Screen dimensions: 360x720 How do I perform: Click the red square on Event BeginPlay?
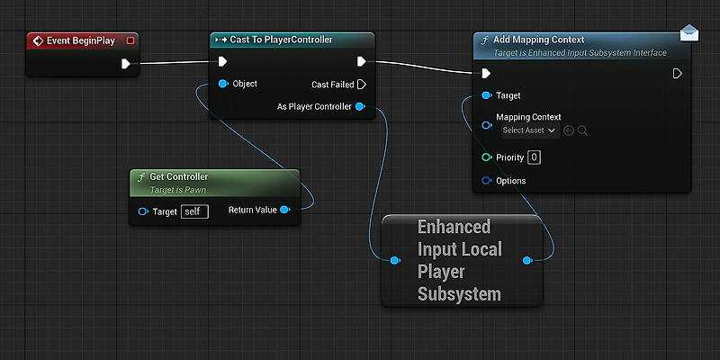pyautogui.click(x=130, y=40)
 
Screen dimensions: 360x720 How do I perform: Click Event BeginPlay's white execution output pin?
pyautogui.click(x=126, y=63)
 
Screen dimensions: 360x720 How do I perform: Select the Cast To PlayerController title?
pyautogui.click(x=280, y=40)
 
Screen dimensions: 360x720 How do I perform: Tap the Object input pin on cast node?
pyautogui.click(x=223, y=84)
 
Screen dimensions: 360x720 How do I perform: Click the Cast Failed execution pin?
pyautogui.click(x=361, y=85)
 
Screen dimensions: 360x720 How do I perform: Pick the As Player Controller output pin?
pyautogui.click(x=360, y=107)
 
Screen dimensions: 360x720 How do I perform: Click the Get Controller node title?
pyautogui.click(x=179, y=177)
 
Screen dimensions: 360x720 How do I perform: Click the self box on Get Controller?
pyautogui.click(x=194, y=211)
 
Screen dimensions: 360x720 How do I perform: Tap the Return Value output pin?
pyautogui.click(x=284, y=211)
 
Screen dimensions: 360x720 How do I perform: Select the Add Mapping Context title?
pyautogui.click(x=539, y=40)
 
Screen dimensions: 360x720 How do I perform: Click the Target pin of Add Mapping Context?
pyautogui.click(x=486, y=95)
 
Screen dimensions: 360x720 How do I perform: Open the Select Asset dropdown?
pyautogui.click(x=529, y=130)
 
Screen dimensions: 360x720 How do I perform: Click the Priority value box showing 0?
pyautogui.click(x=534, y=157)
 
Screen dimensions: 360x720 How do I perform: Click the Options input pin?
pyautogui.click(x=486, y=181)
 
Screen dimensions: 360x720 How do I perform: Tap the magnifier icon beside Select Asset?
pyautogui.click(x=582, y=130)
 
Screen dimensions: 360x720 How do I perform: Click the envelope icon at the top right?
pyautogui.click(x=688, y=32)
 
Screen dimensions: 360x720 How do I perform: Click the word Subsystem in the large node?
pyautogui.click(x=459, y=293)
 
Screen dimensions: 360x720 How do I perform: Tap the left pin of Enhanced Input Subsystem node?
pyautogui.click(x=394, y=261)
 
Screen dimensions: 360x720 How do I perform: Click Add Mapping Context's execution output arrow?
pyautogui.click(x=677, y=74)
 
